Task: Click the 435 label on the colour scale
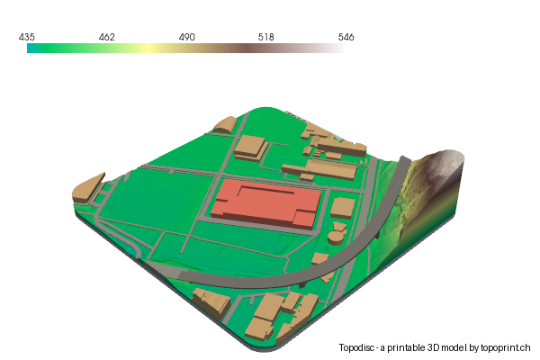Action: (26, 37)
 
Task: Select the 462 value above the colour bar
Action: (106, 37)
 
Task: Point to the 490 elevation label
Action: (186, 37)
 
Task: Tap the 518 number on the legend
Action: (266, 37)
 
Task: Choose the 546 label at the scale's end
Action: (346, 37)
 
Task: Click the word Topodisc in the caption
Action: (359, 347)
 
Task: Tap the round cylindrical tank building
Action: (336, 236)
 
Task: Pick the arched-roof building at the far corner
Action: (224, 126)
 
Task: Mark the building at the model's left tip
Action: (87, 185)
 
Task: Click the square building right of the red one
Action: (342, 208)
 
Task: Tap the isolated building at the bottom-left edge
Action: (213, 304)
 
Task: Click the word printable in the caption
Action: (408, 347)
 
